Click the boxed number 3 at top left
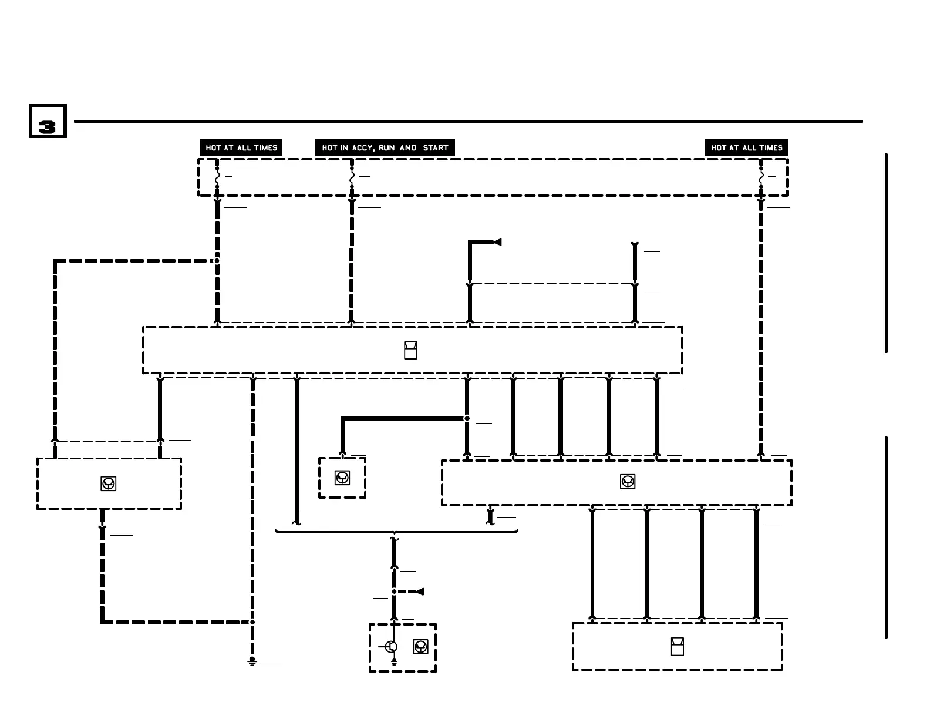(x=48, y=122)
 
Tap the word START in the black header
(x=436, y=148)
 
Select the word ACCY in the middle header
(x=363, y=148)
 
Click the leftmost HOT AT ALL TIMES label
(x=241, y=148)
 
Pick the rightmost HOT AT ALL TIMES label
(x=746, y=148)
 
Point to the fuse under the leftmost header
(x=217, y=176)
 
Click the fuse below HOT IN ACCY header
(x=352, y=176)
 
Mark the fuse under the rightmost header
(x=761, y=176)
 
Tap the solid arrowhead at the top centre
(x=497, y=242)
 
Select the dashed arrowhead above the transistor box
(x=419, y=592)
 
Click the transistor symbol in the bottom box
(x=391, y=647)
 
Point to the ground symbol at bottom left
(x=252, y=662)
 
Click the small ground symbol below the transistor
(x=394, y=662)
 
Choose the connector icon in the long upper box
(x=410, y=351)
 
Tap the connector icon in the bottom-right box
(x=677, y=646)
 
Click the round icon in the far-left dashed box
(x=109, y=483)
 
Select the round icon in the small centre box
(x=342, y=478)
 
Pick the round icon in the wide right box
(x=628, y=482)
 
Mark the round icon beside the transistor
(x=420, y=647)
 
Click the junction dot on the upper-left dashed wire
(x=217, y=260)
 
